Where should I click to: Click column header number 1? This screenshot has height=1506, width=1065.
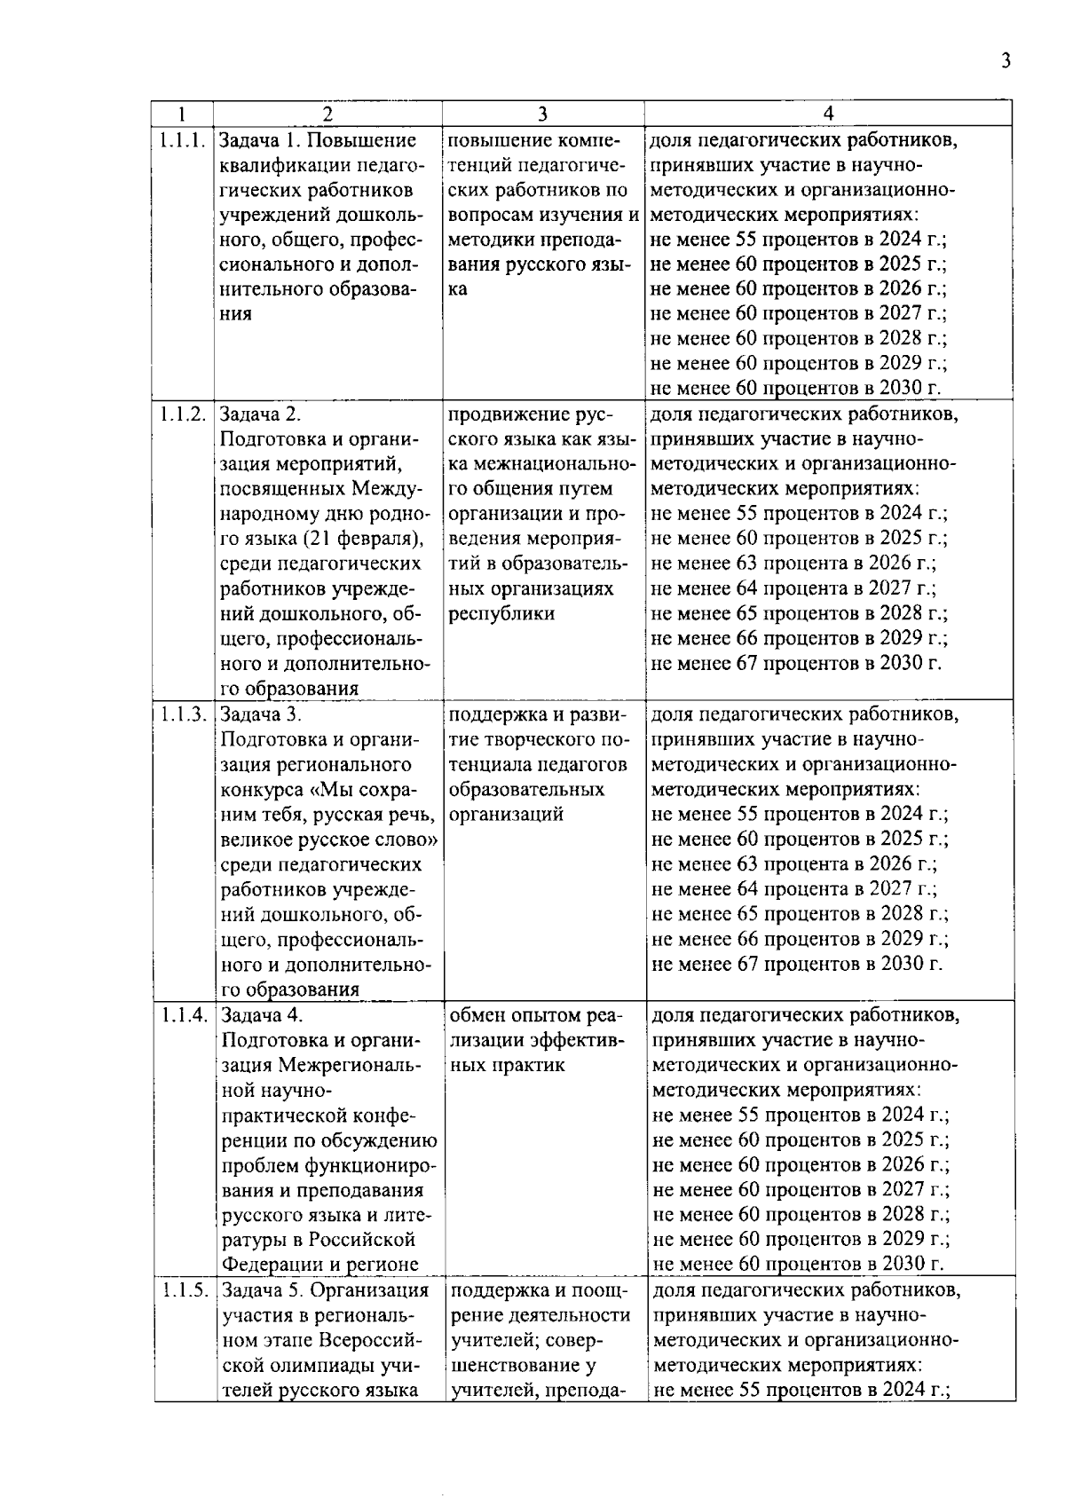[x=181, y=114]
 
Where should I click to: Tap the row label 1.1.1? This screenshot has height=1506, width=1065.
[x=183, y=140]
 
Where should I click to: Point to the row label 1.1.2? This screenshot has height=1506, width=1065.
[x=183, y=414]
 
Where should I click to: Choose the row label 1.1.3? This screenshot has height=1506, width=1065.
[x=184, y=714]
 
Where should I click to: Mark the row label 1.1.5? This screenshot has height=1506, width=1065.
[x=185, y=1290]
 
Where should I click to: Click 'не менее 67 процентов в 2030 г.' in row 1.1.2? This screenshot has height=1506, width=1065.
[x=796, y=663]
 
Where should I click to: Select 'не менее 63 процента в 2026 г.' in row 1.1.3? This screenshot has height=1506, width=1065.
[x=793, y=863]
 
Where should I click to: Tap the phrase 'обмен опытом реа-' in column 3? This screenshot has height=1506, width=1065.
[x=537, y=1015]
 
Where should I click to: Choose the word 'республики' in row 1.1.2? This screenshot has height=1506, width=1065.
[x=501, y=613]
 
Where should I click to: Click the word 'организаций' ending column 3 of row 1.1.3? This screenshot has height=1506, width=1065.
[x=506, y=814]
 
